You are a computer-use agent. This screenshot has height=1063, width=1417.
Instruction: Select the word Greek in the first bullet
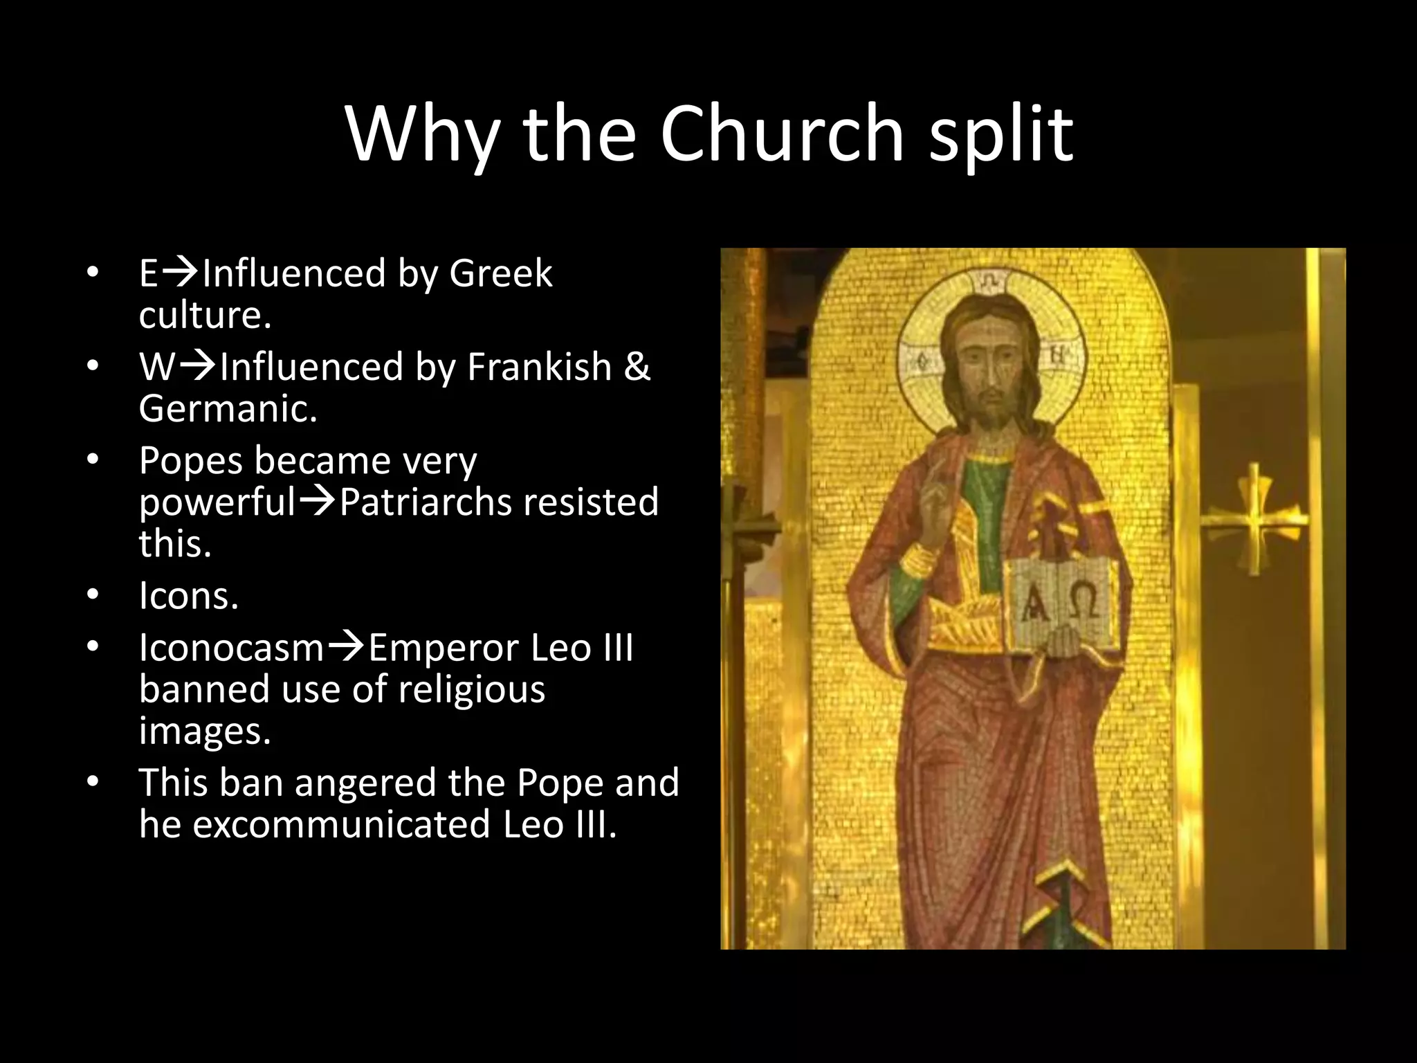point(500,273)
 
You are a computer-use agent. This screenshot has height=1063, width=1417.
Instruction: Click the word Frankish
point(539,366)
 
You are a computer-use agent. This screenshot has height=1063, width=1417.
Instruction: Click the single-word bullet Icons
point(188,595)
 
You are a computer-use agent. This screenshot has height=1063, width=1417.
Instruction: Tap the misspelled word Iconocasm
point(231,648)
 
